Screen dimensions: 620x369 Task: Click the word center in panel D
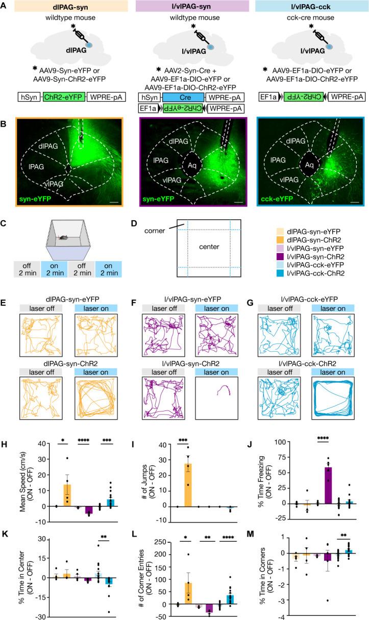coord(210,247)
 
